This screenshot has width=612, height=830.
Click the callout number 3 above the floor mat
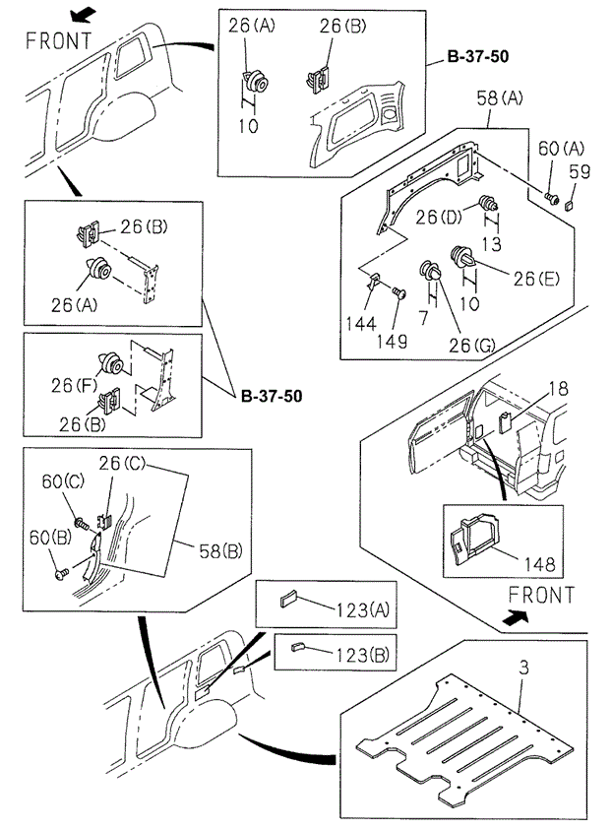[523, 668]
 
